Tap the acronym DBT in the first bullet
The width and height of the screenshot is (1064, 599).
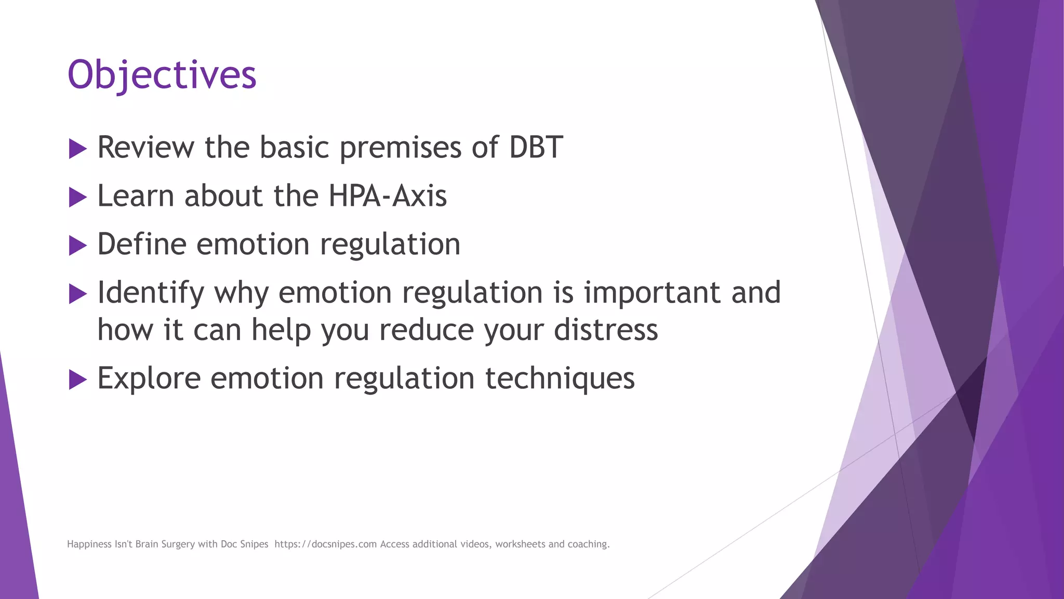[x=536, y=147]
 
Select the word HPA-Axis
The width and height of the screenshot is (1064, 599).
[x=388, y=196]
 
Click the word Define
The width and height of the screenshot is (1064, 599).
[x=142, y=244]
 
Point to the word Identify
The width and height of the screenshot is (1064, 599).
[x=151, y=293]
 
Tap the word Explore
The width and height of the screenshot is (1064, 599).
[x=149, y=378]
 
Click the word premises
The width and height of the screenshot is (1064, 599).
[x=400, y=147]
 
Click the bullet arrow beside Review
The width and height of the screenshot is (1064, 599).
[x=77, y=149]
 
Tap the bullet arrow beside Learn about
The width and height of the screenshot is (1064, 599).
[x=77, y=198]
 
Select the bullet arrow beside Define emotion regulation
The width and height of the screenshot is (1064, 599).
[x=77, y=246]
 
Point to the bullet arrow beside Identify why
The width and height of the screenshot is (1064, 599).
[x=77, y=294]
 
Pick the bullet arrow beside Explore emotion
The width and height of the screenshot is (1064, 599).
[x=77, y=380]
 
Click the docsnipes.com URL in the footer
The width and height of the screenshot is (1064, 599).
[x=325, y=544]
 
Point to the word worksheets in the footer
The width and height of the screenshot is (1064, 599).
[x=520, y=544]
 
